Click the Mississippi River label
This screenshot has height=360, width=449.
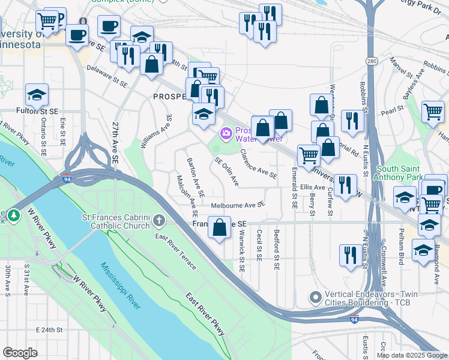(120, 286)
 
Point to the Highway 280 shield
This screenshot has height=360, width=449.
(372, 61)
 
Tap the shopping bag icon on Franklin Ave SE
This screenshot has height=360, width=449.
(220, 227)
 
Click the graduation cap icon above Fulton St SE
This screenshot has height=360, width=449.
(37, 95)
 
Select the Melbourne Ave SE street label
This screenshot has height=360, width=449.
(238, 205)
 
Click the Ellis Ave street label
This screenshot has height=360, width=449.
(313, 187)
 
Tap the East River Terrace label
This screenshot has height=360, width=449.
(175, 251)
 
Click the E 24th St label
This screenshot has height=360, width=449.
(49, 330)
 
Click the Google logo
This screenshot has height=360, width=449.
(20, 353)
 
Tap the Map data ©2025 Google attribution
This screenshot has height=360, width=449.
(411, 355)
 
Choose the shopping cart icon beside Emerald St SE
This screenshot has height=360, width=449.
(309, 155)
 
